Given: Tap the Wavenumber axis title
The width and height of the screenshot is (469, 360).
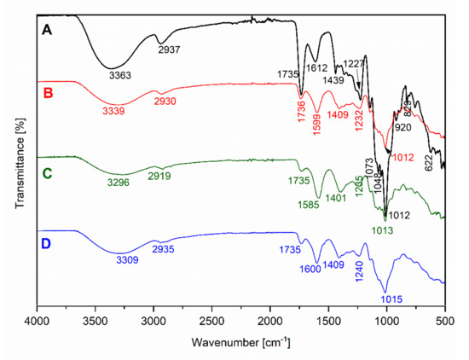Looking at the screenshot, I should (x=240, y=343).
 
